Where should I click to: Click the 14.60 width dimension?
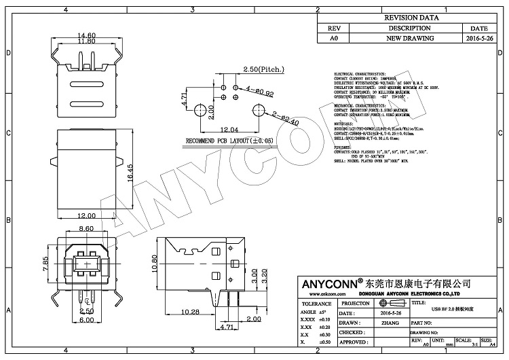click(86, 35)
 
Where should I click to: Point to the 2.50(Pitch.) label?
click(265, 69)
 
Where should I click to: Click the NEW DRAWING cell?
click(409, 39)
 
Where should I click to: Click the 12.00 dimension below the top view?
click(86, 215)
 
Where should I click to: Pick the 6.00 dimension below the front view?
click(86, 320)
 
